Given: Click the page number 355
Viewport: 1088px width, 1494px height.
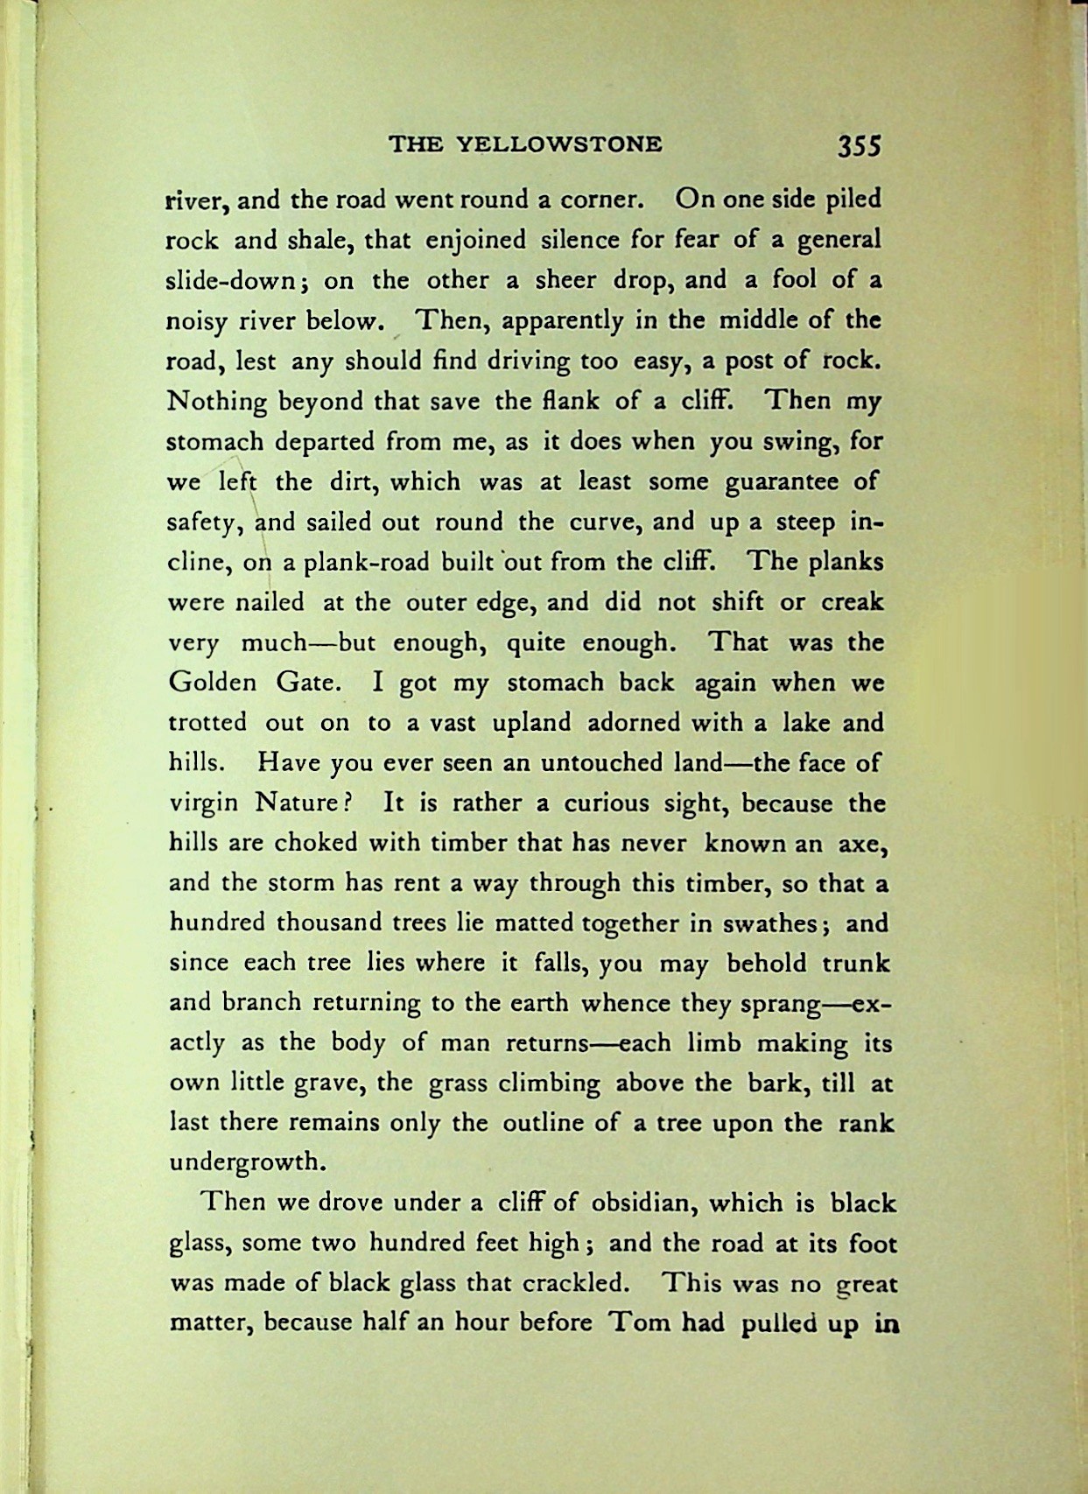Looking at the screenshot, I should click(859, 144).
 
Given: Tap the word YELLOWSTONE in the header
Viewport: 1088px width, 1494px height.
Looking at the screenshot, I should click(560, 144).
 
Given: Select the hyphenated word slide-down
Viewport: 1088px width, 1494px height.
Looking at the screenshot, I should click(241, 280).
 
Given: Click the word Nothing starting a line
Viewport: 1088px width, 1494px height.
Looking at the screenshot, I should click(217, 402).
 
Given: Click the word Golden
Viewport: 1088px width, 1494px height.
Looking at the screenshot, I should click(212, 683).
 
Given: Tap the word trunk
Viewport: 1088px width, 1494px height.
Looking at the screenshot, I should click(855, 964).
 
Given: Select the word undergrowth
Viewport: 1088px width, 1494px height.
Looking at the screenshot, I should click(247, 1163).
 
